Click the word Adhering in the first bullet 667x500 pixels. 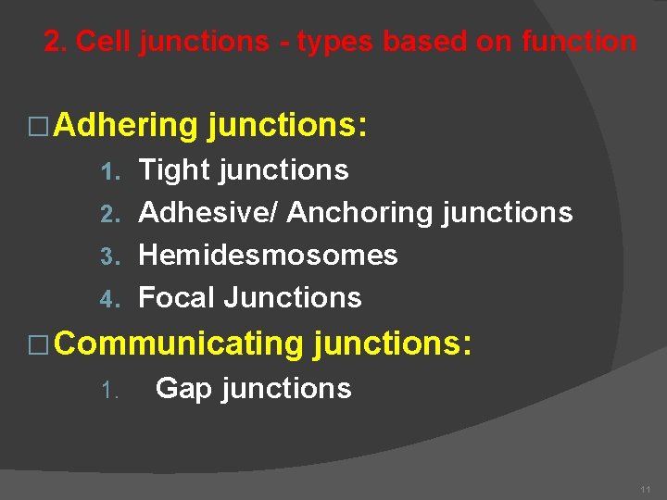[127, 125]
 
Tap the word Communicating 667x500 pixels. [179, 344]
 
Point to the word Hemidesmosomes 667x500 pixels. [268, 255]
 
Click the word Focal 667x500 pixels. [176, 297]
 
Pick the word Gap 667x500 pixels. [183, 388]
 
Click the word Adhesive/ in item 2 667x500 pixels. [208, 213]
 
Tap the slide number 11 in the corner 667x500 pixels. [645, 487]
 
